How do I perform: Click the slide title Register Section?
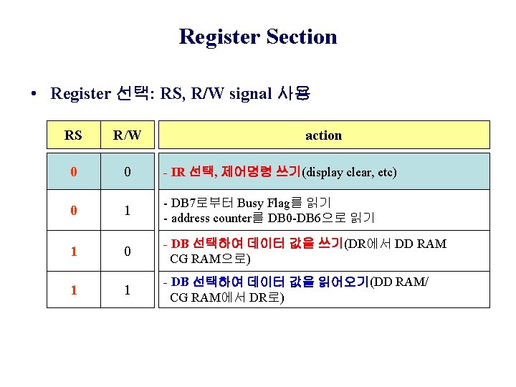[x=258, y=37]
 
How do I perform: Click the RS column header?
[x=72, y=135]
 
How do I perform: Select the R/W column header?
[x=127, y=135]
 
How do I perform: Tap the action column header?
[x=323, y=135]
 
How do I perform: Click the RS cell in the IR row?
[x=72, y=173]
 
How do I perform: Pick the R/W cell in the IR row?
[x=127, y=173]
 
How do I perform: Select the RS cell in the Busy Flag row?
[x=72, y=211]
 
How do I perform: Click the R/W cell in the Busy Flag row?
[x=127, y=211]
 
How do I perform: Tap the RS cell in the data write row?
[x=72, y=252]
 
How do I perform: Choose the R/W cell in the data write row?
[x=127, y=252]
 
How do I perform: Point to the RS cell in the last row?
[x=72, y=290]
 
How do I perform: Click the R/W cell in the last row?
[x=127, y=290]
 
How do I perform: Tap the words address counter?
[x=208, y=218]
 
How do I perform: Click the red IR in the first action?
[x=178, y=173]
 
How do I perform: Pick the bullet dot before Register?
[x=34, y=95]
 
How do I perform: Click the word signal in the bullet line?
[x=251, y=94]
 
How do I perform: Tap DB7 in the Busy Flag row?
[x=183, y=203]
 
